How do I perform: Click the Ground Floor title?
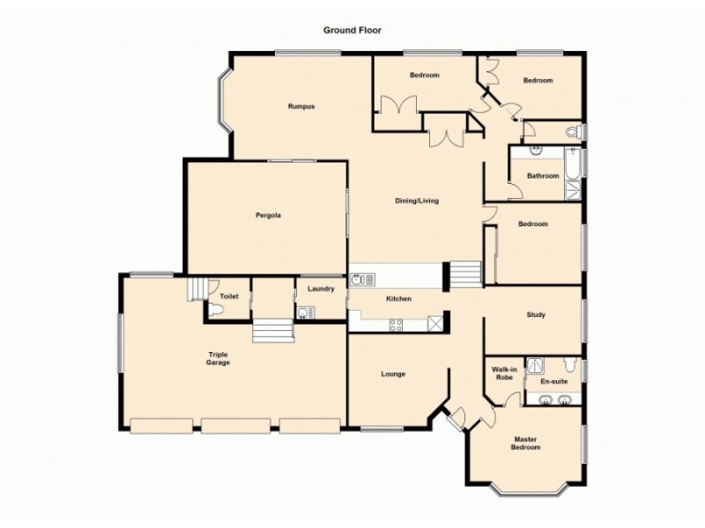click(x=352, y=30)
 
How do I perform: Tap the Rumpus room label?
click(x=301, y=106)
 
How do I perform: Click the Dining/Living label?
click(x=416, y=201)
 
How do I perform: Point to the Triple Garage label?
click(x=218, y=358)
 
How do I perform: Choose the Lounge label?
click(x=393, y=374)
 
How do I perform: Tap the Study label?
click(x=536, y=314)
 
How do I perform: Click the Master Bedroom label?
click(x=527, y=443)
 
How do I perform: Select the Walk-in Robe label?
click(x=504, y=374)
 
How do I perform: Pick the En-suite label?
click(x=553, y=382)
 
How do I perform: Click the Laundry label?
click(x=320, y=289)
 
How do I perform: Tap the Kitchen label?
click(x=399, y=299)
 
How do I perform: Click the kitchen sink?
click(x=362, y=280)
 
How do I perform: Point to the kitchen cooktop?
click(x=397, y=324)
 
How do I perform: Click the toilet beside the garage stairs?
click(x=217, y=309)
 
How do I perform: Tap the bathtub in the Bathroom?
click(x=574, y=172)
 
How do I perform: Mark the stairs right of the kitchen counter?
click(x=465, y=275)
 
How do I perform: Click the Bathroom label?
click(x=543, y=176)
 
